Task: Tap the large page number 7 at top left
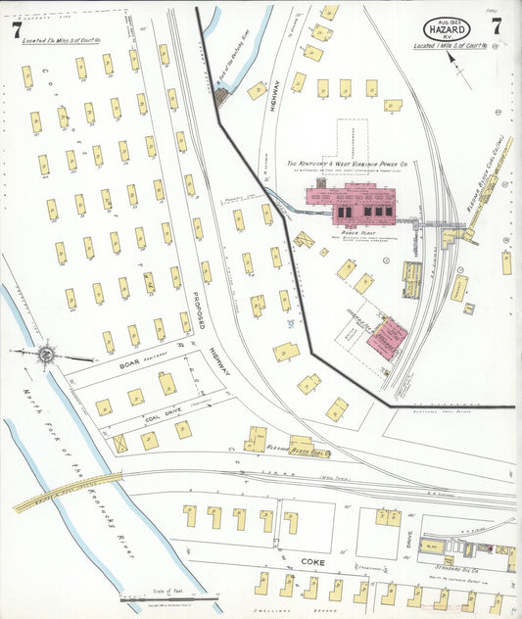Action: click(17, 29)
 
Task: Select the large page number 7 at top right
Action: click(498, 26)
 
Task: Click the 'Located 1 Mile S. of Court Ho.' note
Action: click(452, 46)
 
